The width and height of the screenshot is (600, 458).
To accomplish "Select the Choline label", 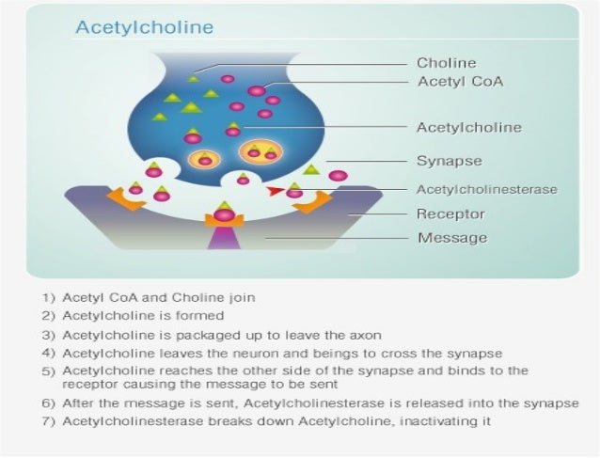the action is (x=447, y=63).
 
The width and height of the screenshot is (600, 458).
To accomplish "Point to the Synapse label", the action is (x=450, y=160).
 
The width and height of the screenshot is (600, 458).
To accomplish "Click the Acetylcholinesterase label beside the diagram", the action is (x=486, y=189).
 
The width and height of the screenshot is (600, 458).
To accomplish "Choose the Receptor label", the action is (x=450, y=213).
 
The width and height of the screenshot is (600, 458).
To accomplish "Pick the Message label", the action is (x=451, y=237).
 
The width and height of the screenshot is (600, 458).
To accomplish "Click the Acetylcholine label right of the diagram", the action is (x=468, y=126).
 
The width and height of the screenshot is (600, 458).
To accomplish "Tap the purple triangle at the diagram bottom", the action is (x=224, y=240).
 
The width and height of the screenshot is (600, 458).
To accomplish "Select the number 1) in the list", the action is (x=50, y=297).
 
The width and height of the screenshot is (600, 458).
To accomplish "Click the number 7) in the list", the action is (x=50, y=421).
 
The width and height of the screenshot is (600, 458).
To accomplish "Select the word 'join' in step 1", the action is (x=242, y=297).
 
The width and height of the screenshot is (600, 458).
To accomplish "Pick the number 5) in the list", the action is (x=50, y=371).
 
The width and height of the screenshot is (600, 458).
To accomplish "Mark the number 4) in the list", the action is (x=50, y=353).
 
